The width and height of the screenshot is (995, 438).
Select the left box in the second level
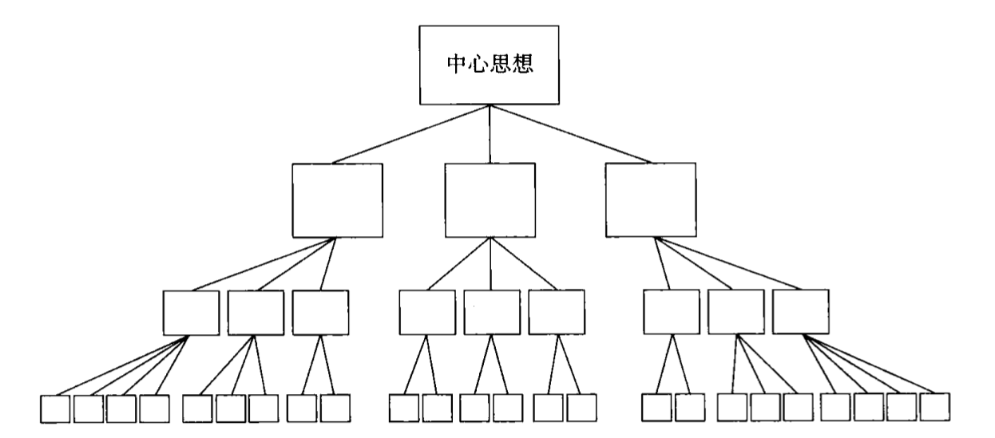tap(337, 199)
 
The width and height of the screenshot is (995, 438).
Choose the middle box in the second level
tap(489, 199)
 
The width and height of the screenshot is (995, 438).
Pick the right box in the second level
tap(650, 199)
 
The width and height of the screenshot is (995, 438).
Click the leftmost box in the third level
tap(190, 312)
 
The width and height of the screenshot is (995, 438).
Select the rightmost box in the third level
tap(801, 311)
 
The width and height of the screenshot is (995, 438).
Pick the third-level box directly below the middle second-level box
tap(491, 312)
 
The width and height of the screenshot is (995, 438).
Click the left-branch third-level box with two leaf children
tap(320, 312)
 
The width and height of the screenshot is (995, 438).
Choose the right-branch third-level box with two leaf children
tap(672, 312)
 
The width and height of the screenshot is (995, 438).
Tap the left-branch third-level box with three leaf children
tap(256, 312)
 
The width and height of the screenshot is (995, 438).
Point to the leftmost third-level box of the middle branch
tap(427, 312)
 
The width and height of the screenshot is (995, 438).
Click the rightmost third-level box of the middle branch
tap(557, 312)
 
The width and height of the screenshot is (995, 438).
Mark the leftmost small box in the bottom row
tap(55, 408)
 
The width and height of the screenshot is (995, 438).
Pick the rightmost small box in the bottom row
tap(935, 408)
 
